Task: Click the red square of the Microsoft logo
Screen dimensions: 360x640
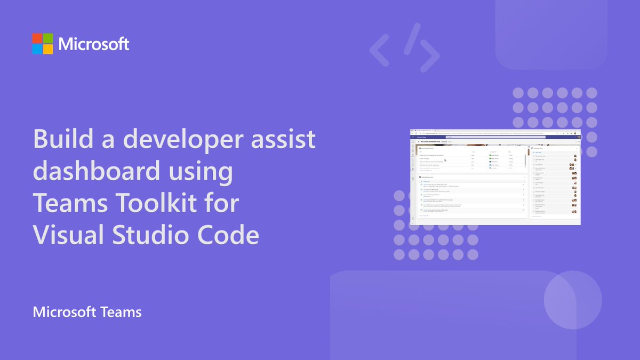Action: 37,38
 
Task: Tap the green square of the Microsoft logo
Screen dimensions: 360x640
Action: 48,38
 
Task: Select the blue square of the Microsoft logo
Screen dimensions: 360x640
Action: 37,49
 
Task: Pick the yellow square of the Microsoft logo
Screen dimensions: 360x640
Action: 48,49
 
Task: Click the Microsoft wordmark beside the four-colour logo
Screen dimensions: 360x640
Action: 94,44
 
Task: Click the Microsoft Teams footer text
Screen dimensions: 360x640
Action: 87,311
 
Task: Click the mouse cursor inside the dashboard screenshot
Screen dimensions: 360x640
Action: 445,159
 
